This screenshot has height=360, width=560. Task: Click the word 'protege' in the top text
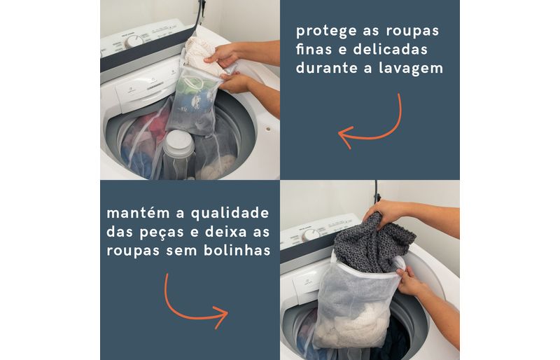(326, 32)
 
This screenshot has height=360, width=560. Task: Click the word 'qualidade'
(230, 213)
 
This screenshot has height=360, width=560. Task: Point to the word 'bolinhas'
(237, 250)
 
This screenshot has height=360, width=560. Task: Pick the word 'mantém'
(138, 213)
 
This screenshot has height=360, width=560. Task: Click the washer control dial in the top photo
(134, 42)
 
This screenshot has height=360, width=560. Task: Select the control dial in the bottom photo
(311, 235)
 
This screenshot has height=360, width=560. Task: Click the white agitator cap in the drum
(178, 144)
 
